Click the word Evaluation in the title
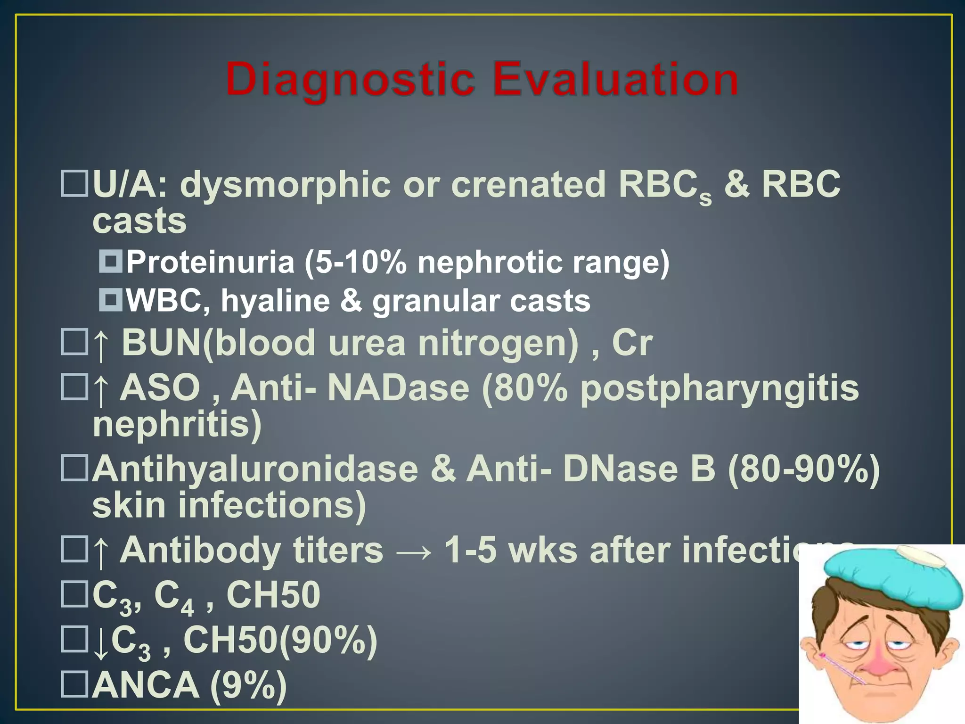tap(615, 79)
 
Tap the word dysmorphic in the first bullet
tap(285, 185)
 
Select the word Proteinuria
tap(210, 262)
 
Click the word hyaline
tap(276, 301)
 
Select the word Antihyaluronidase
tap(255, 469)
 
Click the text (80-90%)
tap(803, 469)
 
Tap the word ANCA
tap(146, 685)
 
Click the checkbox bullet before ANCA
tap(74, 684)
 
